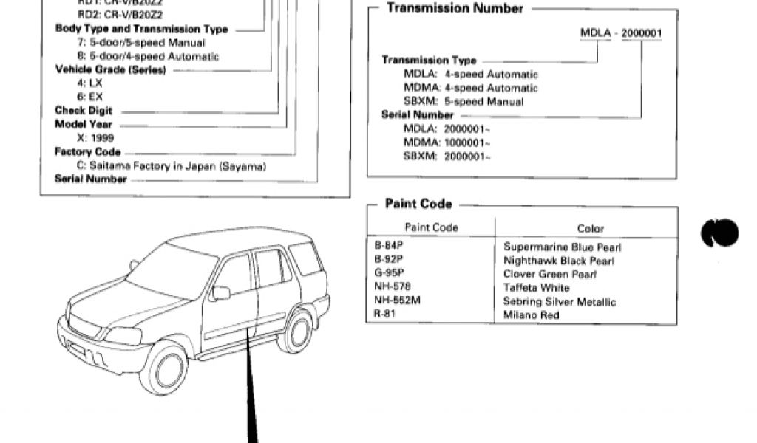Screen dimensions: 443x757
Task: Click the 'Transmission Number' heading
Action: pos(455,9)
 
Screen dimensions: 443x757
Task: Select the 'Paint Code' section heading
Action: pos(418,204)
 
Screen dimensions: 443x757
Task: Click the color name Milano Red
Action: pos(531,315)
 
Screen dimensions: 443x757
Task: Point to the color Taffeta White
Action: pos(536,288)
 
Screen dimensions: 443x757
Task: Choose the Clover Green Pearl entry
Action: pos(550,274)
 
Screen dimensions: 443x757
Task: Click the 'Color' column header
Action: pos(590,229)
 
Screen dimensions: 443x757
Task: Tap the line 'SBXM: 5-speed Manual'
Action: pos(464,102)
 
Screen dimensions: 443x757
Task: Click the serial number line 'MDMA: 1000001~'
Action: pos(447,142)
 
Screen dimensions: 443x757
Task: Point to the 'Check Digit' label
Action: pos(84,111)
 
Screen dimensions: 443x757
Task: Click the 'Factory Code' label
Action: pos(87,152)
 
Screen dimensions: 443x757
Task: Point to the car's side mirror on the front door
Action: pos(220,292)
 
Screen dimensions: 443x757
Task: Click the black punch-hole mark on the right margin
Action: pos(719,233)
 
